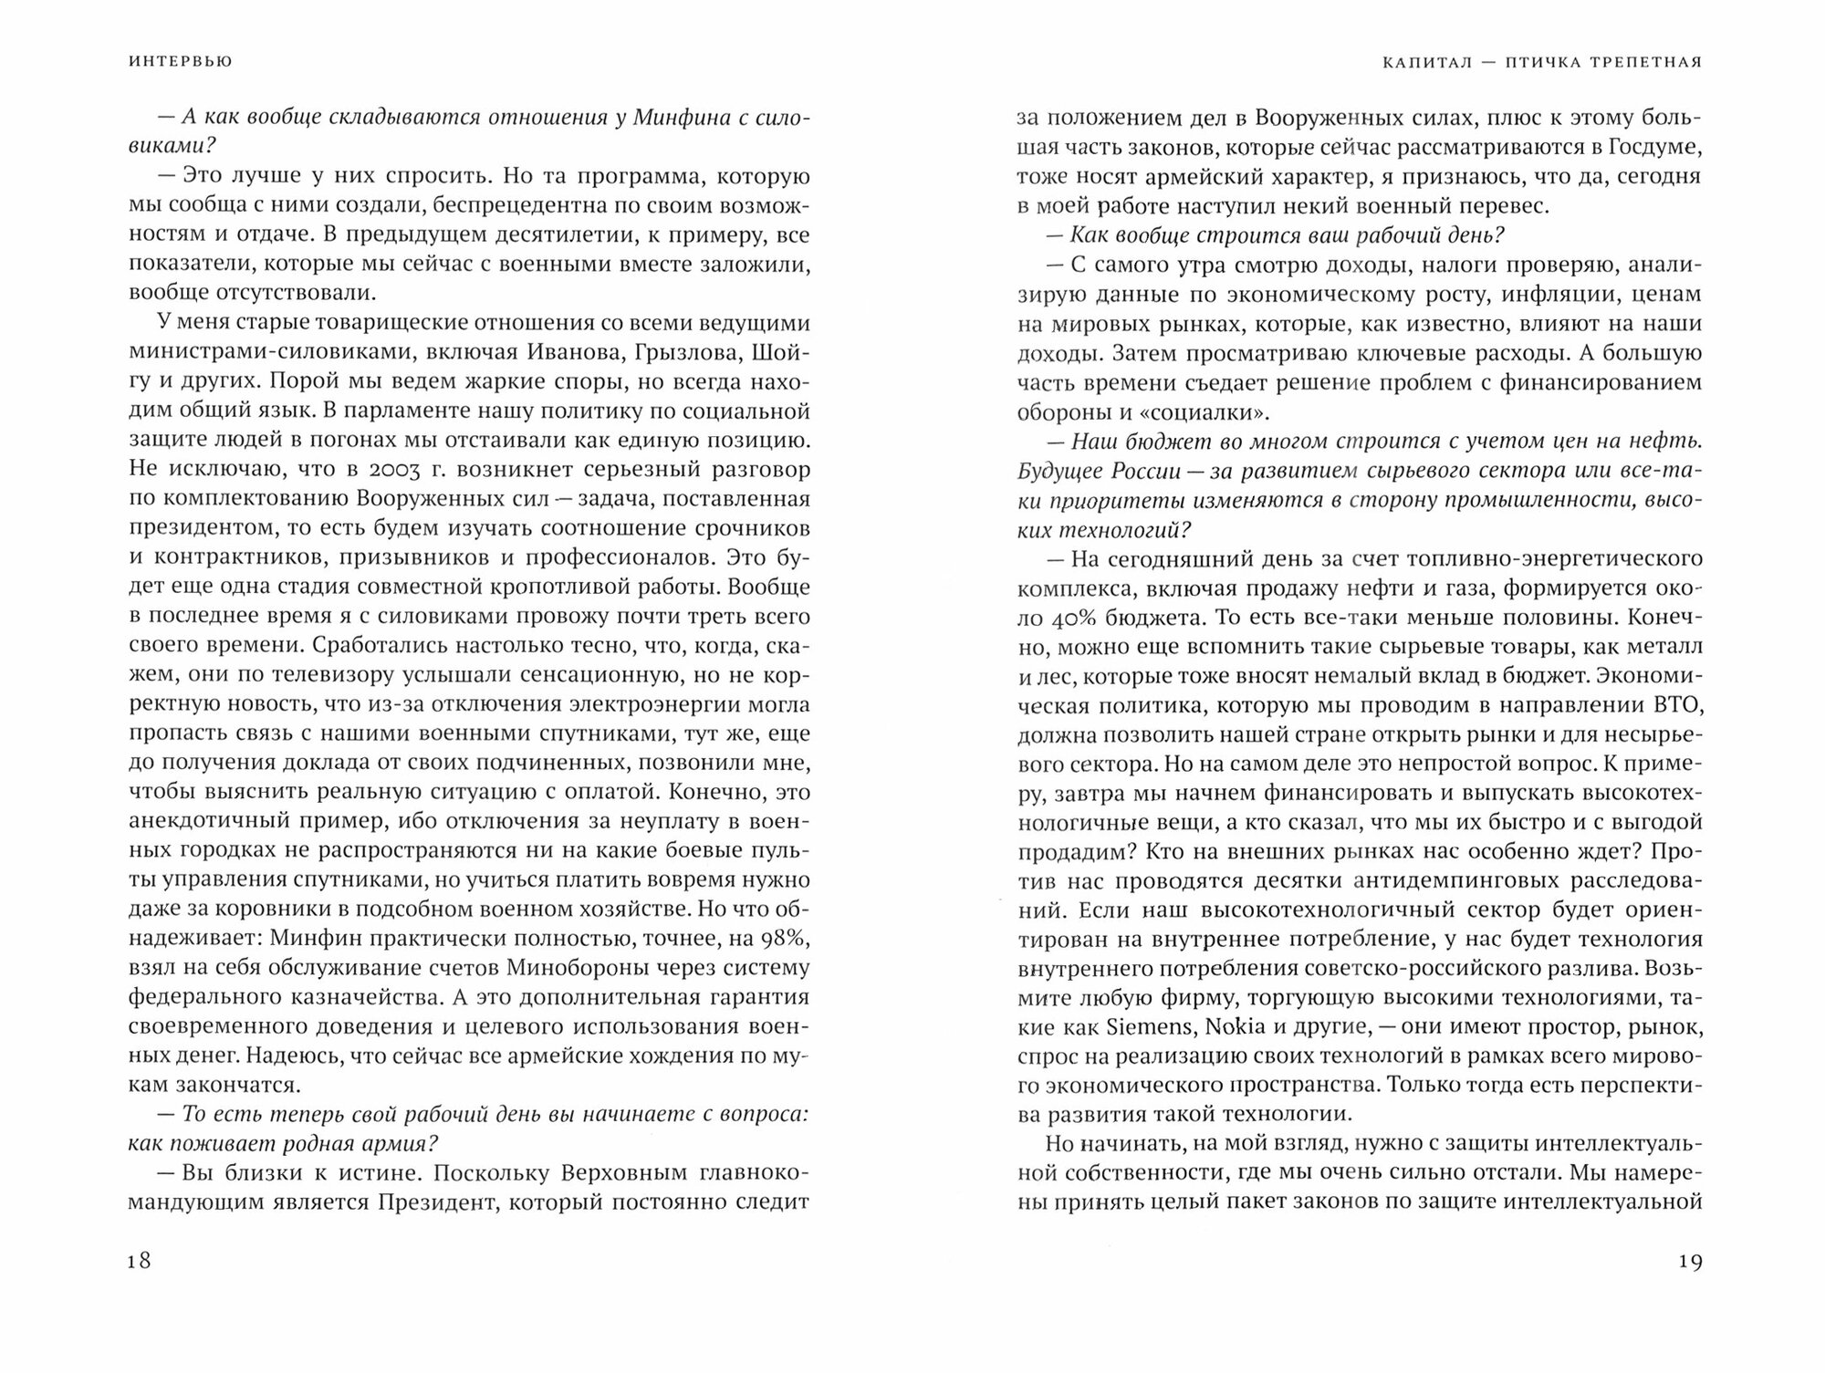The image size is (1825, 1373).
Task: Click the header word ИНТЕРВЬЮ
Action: [181, 62]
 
